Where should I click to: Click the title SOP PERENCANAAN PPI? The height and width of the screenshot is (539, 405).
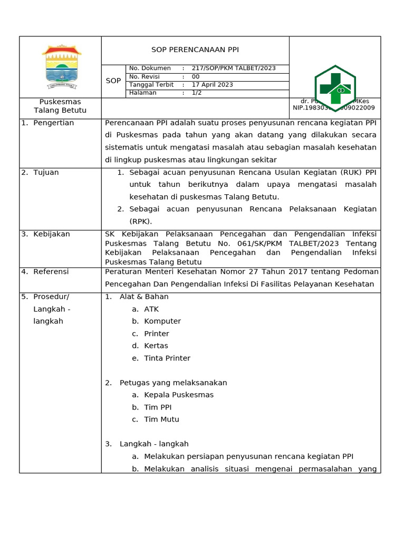point(195,50)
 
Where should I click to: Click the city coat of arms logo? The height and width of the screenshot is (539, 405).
point(62,67)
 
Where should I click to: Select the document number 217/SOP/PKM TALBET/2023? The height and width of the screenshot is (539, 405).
point(234,68)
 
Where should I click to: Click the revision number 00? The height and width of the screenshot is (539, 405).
point(196,77)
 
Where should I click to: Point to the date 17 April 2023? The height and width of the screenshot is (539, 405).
point(213,85)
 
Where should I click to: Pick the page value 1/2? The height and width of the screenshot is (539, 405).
point(197,93)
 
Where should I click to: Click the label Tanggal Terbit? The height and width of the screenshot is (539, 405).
point(151,85)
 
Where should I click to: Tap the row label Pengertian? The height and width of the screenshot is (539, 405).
point(53,123)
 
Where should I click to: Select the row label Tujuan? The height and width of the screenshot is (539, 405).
point(46,173)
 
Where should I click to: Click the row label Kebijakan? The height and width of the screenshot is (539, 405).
point(51,234)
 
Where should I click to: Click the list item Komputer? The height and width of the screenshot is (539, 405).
point(162,321)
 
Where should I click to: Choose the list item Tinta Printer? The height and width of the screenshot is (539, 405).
point(167,358)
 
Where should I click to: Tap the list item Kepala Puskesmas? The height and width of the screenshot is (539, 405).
point(179,395)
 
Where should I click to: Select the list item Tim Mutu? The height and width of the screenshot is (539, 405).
point(161,420)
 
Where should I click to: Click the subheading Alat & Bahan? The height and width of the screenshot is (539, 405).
point(144,297)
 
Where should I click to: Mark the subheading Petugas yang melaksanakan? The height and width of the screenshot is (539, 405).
point(173,383)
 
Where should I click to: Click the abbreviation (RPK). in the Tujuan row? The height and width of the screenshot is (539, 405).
point(141,222)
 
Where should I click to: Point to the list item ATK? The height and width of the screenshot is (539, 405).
point(151,309)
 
